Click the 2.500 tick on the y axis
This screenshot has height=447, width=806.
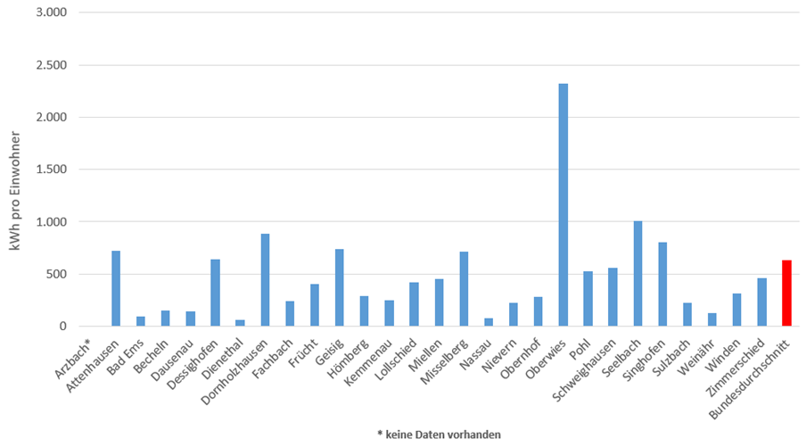[52, 65]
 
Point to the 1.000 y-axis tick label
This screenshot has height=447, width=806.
[52, 221]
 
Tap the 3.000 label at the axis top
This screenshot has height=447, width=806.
[52, 13]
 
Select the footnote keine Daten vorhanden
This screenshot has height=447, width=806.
[439, 435]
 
